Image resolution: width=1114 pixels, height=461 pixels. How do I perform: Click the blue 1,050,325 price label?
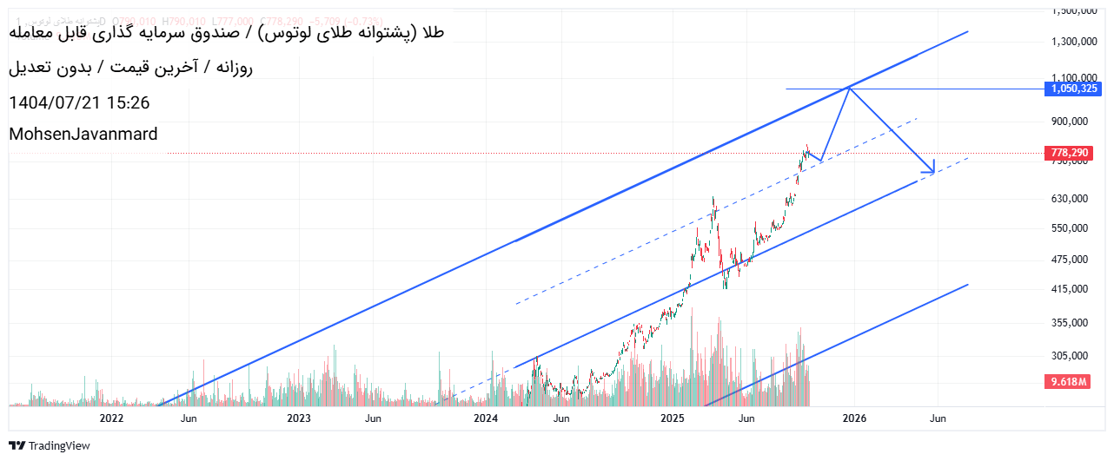click(1075, 89)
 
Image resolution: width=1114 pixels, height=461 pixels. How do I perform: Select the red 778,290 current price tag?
click(1069, 153)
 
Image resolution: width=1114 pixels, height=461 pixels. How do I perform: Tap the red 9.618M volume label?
click(1069, 382)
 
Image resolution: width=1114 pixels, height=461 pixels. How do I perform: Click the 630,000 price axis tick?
click(1070, 198)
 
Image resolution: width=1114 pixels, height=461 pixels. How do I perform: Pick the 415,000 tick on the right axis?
click(1070, 289)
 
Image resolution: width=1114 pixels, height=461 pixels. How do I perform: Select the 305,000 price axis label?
click(1070, 355)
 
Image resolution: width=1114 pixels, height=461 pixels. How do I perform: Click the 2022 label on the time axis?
click(112, 418)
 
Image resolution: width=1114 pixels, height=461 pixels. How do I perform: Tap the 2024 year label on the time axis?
click(486, 418)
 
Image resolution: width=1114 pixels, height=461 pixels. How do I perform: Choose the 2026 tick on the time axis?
click(855, 418)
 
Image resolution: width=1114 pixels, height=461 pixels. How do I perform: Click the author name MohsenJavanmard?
click(83, 134)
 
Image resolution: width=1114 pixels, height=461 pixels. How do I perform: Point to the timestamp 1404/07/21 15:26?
click(79, 102)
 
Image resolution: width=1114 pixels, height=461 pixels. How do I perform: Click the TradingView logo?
click(53, 445)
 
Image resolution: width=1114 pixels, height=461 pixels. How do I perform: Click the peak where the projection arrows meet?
click(849, 88)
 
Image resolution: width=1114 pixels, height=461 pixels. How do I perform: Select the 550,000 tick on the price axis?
click(1070, 228)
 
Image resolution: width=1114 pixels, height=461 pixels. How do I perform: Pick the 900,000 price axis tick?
click(1070, 121)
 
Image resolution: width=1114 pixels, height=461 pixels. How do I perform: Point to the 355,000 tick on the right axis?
click(1070, 322)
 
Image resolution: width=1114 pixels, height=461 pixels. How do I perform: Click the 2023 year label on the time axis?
click(299, 418)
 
